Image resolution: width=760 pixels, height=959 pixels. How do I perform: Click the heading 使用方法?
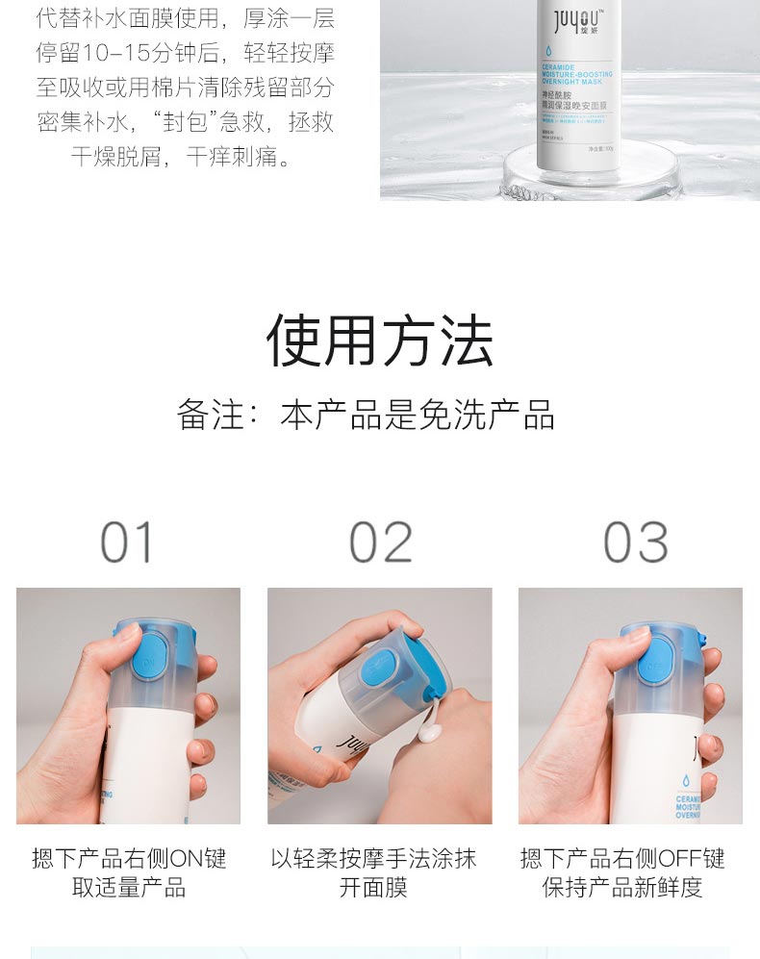click(379, 341)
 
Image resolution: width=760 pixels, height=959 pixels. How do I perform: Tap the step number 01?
click(127, 543)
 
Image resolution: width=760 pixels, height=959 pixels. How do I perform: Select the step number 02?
click(380, 543)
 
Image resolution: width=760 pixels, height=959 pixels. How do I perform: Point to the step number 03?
click(635, 543)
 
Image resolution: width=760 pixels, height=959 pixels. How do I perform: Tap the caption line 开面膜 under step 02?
click(373, 888)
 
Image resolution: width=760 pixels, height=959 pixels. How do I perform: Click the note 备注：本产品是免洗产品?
click(366, 415)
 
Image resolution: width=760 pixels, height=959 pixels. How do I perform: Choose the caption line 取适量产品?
click(129, 888)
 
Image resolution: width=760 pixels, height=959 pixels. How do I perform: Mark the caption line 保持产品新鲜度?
click(622, 888)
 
